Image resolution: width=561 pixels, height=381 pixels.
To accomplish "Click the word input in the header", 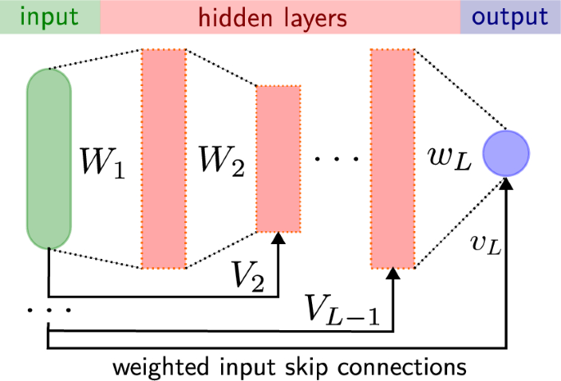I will pyautogui.click(x=49, y=16).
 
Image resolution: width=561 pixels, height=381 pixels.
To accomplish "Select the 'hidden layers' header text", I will pyautogui.click(x=279, y=16).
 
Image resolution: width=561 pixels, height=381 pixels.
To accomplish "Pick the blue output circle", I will pyautogui.click(x=506, y=153).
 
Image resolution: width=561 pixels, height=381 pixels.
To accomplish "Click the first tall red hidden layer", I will pyautogui.click(x=164, y=159).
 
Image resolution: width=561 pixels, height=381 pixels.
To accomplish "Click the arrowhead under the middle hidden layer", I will pyautogui.click(x=279, y=239).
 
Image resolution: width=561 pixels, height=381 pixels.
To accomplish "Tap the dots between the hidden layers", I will pyautogui.click(x=337, y=156).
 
